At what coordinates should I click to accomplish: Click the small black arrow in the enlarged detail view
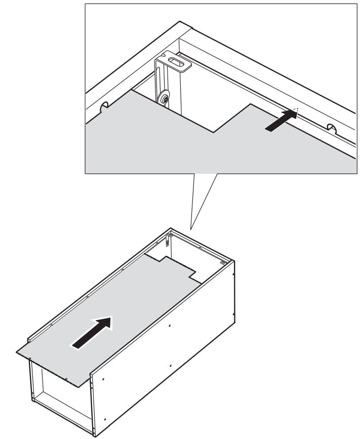(x=282, y=121)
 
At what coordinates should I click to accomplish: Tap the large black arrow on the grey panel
(x=92, y=332)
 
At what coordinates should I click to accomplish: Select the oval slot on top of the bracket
(x=177, y=64)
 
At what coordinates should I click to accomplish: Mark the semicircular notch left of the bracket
(x=105, y=107)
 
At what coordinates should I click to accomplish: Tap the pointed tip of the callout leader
(x=190, y=229)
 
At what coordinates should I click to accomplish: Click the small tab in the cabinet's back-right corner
(x=222, y=263)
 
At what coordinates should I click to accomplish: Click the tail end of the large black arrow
(x=75, y=345)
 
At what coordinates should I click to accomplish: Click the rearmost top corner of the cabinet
(x=169, y=229)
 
